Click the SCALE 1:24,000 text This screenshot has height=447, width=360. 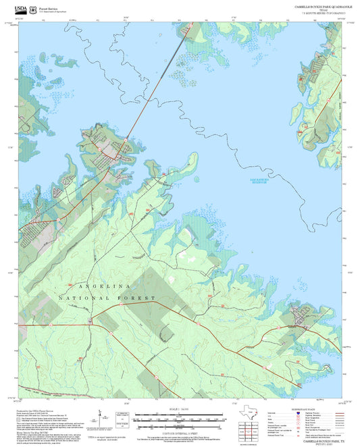pyautogui.click(x=180, y=410)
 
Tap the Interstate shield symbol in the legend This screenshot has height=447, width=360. pyautogui.click(x=291, y=414)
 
